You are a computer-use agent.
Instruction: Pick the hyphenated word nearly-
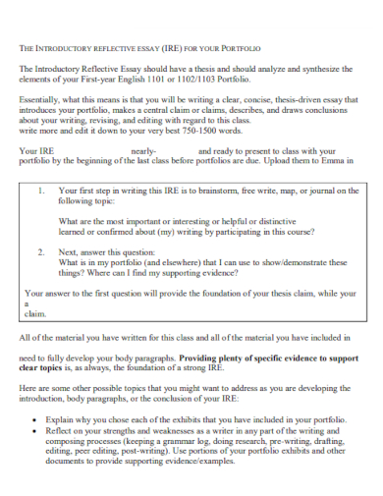coord(143,150)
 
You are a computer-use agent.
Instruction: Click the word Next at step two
coord(70,252)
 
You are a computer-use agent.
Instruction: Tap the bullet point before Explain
coord(35,418)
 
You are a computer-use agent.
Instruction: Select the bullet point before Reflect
coord(35,429)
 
